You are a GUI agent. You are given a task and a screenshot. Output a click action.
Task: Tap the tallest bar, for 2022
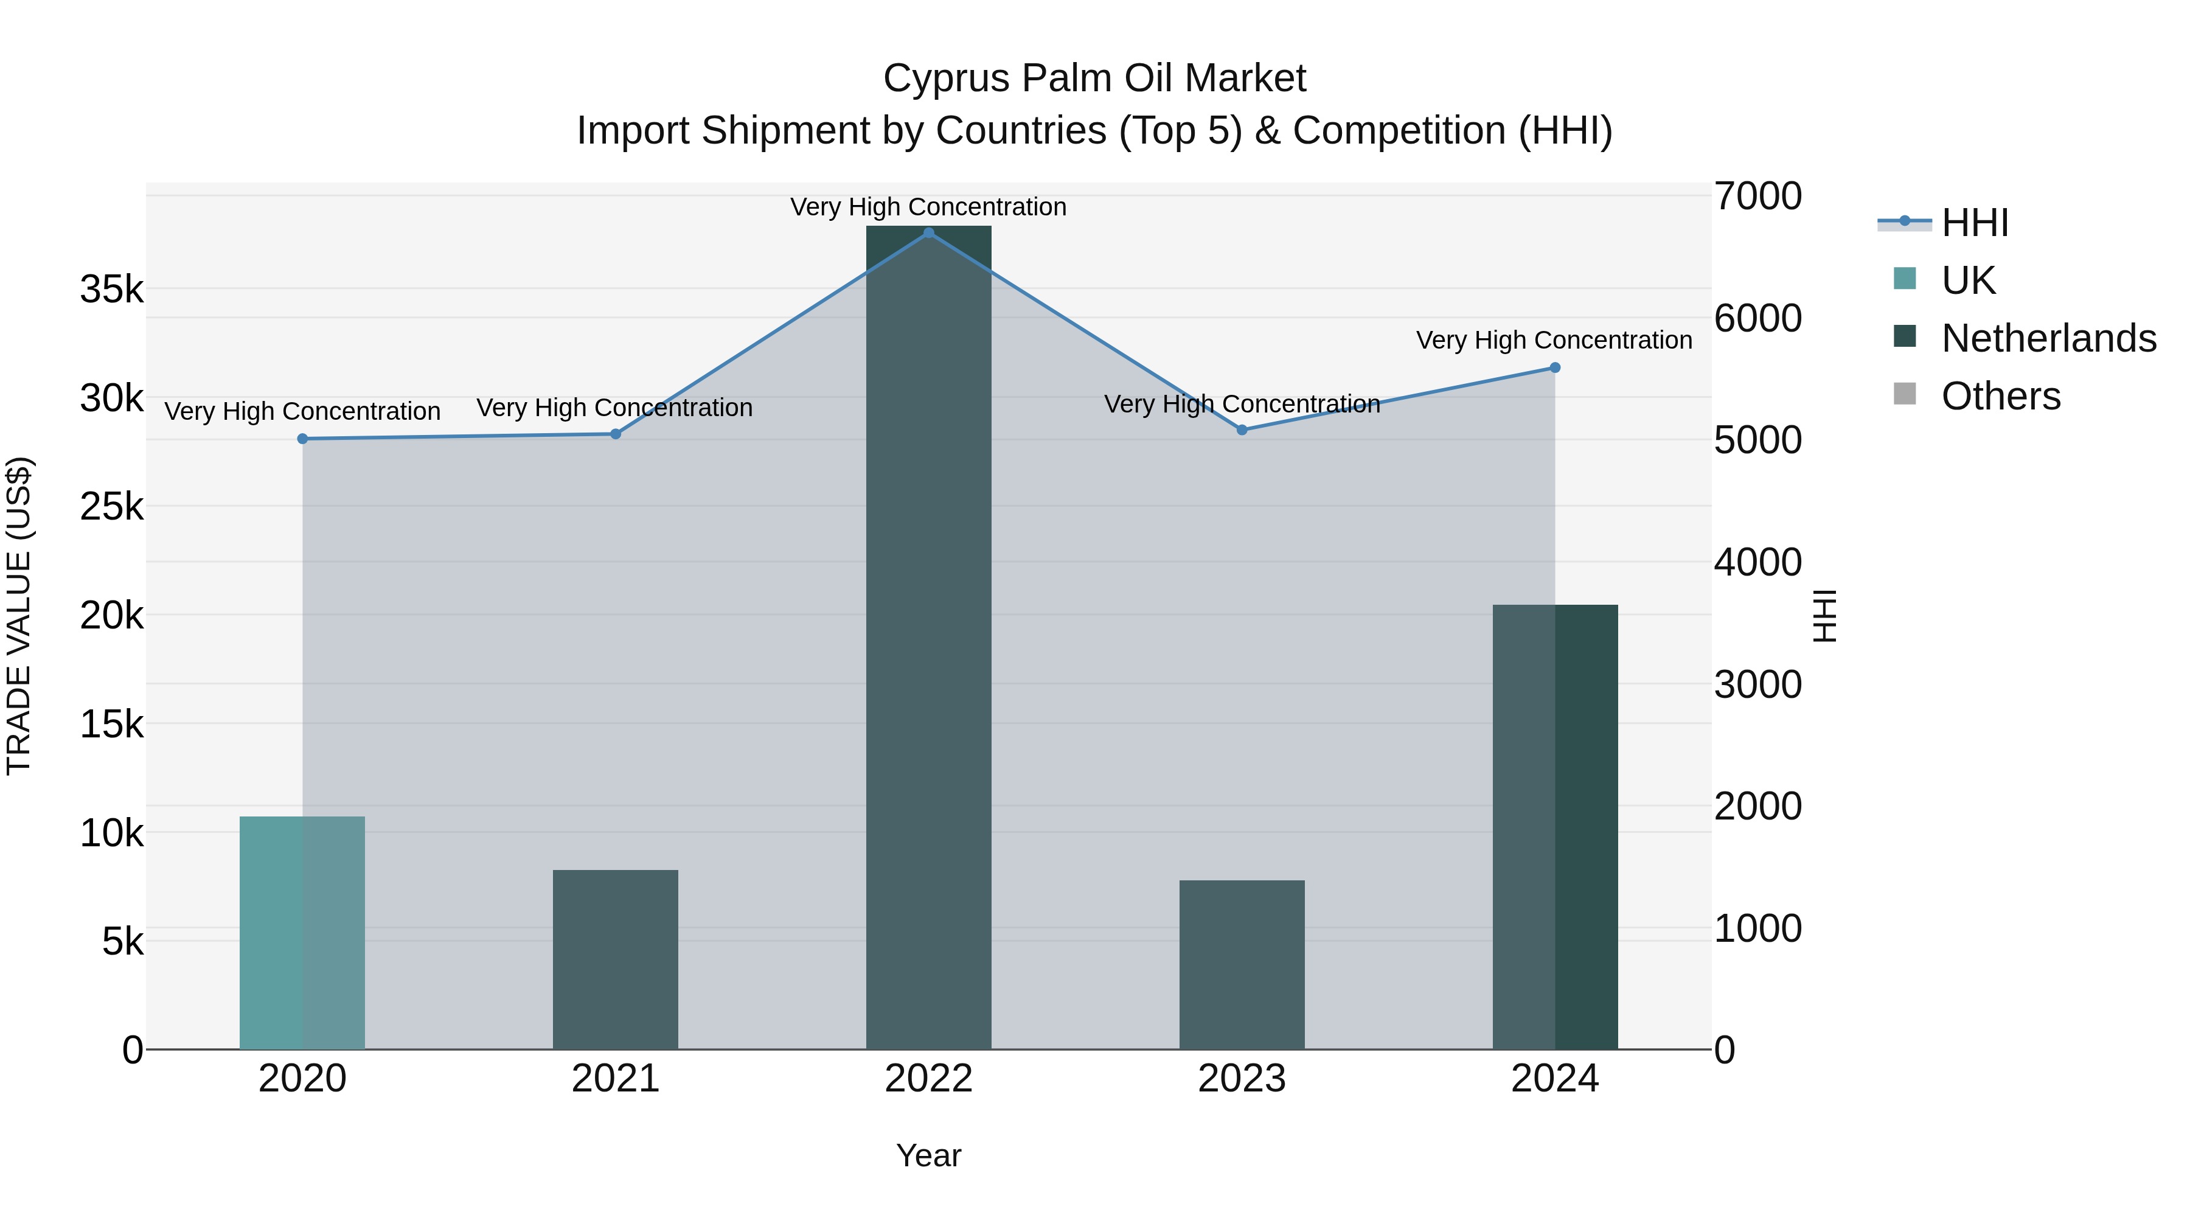928,638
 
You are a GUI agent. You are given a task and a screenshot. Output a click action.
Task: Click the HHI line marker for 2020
303,439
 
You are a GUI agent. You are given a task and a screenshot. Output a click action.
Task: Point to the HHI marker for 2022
928,233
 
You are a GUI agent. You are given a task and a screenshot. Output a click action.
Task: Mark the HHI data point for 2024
1555,368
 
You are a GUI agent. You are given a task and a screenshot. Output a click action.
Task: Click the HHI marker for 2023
1242,430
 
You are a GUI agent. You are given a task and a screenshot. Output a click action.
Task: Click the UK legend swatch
1905,279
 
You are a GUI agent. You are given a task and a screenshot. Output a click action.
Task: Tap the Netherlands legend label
2049,338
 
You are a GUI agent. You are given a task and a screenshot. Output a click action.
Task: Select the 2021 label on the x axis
616,1079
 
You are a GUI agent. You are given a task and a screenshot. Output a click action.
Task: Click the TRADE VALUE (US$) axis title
19,616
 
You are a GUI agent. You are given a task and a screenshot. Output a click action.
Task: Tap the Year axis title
928,1155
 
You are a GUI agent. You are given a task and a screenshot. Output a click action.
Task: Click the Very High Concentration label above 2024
1554,340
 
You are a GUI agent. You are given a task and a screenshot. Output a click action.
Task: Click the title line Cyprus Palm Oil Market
1094,78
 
